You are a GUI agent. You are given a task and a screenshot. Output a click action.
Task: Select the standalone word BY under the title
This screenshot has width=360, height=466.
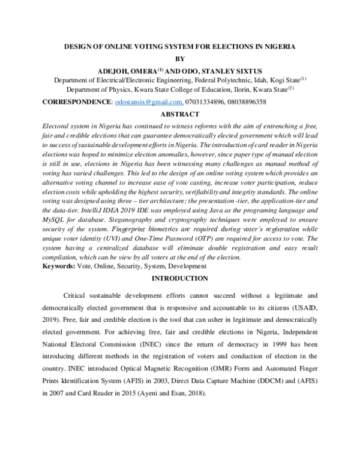[x=181, y=58]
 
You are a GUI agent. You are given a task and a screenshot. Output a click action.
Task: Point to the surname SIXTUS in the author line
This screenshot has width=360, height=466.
[x=243, y=70]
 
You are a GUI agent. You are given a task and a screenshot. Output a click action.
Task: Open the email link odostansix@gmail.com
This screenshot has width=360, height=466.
[x=148, y=103]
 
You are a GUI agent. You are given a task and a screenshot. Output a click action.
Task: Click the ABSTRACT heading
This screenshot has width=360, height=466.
[x=180, y=114]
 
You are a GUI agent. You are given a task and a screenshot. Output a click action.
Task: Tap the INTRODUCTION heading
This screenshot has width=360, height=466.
[x=180, y=279]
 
